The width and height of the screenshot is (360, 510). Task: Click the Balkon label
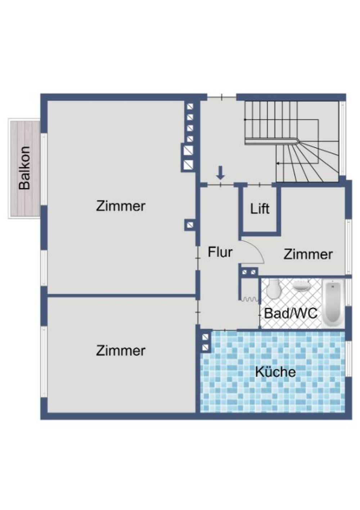pyautogui.click(x=24, y=168)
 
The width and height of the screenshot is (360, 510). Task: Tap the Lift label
pyautogui.click(x=260, y=209)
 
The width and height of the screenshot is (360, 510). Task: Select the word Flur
pyautogui.click(x=220, y=252)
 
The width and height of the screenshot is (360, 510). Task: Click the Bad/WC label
pyautogui.click(x=291, y=313)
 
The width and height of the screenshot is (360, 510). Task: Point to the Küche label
pyautogui.click(x=275, y=372)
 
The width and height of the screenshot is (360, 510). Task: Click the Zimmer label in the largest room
pyautogui.click(x=121, y=206)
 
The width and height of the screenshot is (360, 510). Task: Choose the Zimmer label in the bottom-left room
pyautogui.click(x=121, y=350)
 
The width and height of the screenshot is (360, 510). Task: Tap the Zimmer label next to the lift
pyautogui.click(x=308, y=254)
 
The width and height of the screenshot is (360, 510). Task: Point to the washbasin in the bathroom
pyautogui.click(x=301, y=286)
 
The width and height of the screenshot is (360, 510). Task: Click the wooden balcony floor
pyautogui.click(x=24, y=202)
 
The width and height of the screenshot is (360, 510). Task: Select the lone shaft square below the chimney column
pyautogui.click(x=190, y=225)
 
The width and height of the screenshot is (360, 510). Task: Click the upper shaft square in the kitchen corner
pyautogui.click(x=205, y=337)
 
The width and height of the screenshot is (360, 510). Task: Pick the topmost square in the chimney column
pyautogui.click(x=190, y=107)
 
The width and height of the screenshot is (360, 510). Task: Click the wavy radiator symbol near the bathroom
pyautogui.click(x=250, y=299)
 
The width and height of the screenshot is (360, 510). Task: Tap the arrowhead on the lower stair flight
pyautogui.click(x=278, y=164)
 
